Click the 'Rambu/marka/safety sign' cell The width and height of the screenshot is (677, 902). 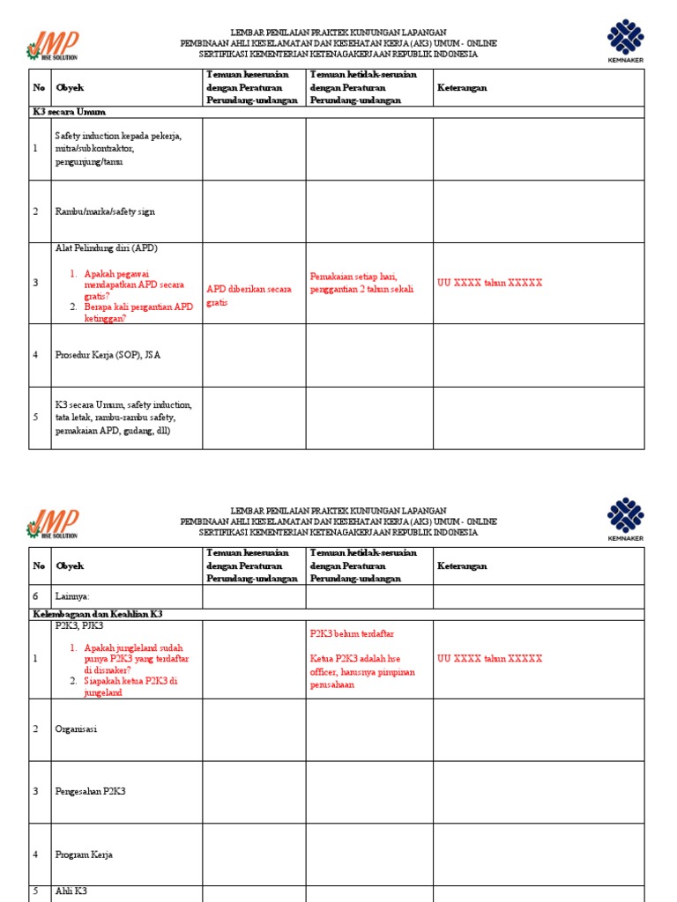[105, 211]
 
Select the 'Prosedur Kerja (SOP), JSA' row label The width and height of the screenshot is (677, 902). [108, 355]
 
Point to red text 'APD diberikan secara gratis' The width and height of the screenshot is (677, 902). [249, 295]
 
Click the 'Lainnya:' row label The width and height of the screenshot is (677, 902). [72, 596]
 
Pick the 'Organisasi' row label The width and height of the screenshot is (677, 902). [76, 729]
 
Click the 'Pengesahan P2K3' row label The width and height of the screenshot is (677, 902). [90, 791]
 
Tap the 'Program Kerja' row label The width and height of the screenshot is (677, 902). [84, 854]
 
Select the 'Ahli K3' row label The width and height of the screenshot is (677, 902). [71, 891]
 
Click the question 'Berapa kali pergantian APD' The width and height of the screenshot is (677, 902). [138, 313]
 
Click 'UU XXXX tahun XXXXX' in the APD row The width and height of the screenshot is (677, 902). [489, 283]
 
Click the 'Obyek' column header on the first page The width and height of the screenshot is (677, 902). [70, 88]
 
